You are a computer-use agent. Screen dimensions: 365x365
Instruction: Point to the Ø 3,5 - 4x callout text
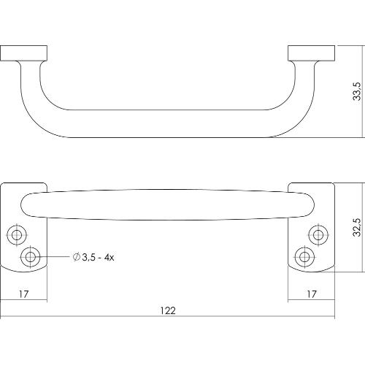pyautogui.click(x=95, y=257)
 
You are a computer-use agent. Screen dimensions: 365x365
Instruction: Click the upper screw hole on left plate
pyautogui.click(x=17, y=234)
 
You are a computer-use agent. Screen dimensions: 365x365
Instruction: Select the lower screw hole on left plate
pyautogui.click(x=31, y=256)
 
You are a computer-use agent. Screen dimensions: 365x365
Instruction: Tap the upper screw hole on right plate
pyautogui.click(x=318, y=234)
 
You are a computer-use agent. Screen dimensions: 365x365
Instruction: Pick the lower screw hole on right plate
pyautogui.click(x=304, y=256)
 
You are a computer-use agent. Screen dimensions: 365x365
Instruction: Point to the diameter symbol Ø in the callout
pyautogui.click(x=77, y=257)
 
